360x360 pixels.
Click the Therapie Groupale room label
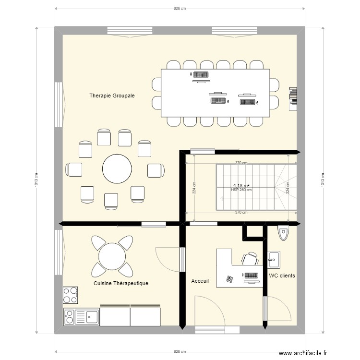click(x=112, y=96)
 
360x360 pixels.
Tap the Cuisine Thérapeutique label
click(x=121, y=283)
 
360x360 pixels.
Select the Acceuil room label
click(x=200, y=281)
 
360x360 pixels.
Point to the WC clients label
click(x=282, y=276)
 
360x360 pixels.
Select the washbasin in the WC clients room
click(x=274, y=259)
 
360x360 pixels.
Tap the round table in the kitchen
click(x=112, y=256)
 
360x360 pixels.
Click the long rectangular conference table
click(x=215, y=93)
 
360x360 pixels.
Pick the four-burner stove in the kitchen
click(x=70, y=295)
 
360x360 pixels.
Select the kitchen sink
click(x=86, y=317)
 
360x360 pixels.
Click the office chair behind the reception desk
click(x=250, y=259)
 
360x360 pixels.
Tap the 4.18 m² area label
click(x=241, y=185)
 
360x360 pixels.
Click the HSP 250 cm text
click(x=241, y=190)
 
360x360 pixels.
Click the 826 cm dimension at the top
click(x=180, y=9)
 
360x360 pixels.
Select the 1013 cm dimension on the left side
click(x=36, y=180)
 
